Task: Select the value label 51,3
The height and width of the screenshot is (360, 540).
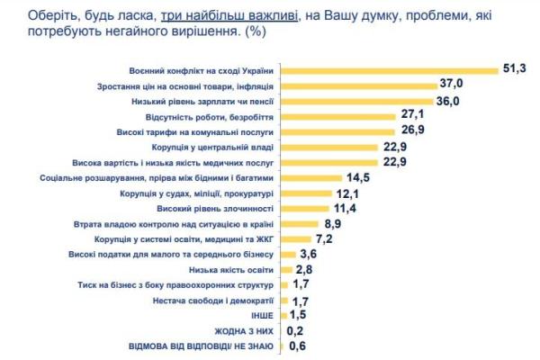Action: coord(515,69)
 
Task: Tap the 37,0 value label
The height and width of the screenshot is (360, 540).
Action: coord(451,85)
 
